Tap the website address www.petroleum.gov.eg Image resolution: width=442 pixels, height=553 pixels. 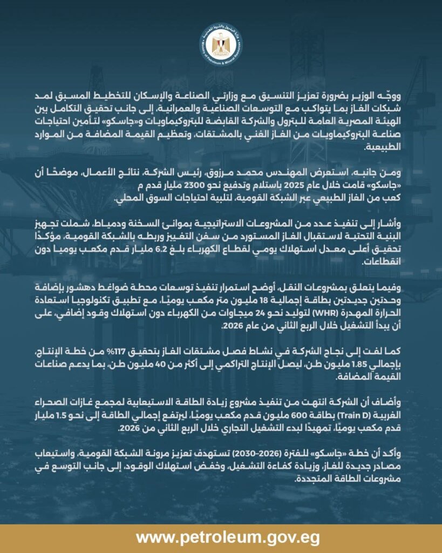pos(221,538)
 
